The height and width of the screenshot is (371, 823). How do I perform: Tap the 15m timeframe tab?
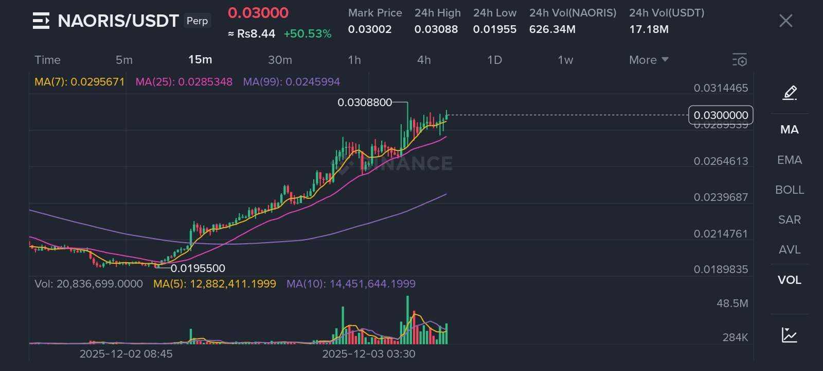200,60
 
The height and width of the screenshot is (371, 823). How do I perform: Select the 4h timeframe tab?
424,60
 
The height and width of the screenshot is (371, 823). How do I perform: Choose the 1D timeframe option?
494,60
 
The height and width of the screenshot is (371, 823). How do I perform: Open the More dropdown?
648,60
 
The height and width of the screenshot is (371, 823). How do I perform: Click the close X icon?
785,21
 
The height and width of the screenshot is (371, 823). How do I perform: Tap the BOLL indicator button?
789,190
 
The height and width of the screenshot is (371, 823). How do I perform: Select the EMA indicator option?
789,160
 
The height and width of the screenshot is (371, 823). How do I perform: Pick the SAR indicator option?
789,220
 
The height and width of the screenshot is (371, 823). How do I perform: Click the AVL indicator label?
789,249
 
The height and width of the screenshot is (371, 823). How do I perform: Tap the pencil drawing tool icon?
789,93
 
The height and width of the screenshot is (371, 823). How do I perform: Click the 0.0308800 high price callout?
365,103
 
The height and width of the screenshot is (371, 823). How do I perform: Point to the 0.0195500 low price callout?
198,268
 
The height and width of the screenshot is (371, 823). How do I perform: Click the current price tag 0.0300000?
721,115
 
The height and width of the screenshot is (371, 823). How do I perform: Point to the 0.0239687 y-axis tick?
721,197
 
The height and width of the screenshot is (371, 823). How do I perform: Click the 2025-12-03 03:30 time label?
368,354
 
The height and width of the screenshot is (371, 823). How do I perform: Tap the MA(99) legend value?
292,82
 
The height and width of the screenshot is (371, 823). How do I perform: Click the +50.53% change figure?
307,34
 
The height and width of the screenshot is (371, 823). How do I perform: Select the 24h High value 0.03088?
436,29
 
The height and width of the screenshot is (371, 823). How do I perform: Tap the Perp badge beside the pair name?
197,21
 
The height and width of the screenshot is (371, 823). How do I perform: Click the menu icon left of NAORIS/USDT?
41,21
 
